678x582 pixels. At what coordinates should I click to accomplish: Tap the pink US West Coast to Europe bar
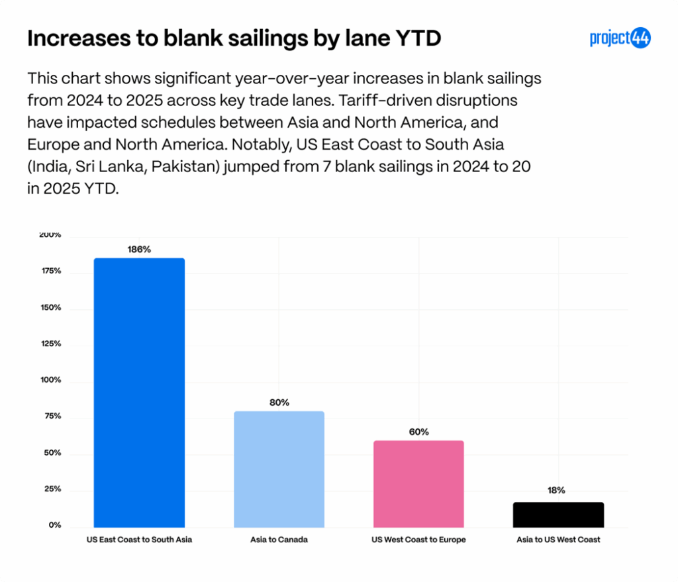tap(418, 483)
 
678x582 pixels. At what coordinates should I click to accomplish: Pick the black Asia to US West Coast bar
tap(558, 514)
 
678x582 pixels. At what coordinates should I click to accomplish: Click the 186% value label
tap(139, 250)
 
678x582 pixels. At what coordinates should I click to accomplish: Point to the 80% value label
tap(279, 403)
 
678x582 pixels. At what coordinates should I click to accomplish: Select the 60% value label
tap(418, 432)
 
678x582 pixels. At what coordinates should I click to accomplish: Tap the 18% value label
tap(556, 491)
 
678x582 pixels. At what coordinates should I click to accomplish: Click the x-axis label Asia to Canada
tap(279, 540)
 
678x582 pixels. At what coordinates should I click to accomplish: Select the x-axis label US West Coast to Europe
tap(418, 540)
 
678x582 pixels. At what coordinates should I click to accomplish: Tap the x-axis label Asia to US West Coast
tap(558, 540)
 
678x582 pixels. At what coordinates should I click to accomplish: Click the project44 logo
tap(620, 38)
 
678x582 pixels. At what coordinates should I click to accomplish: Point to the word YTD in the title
tap(416, 39)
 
